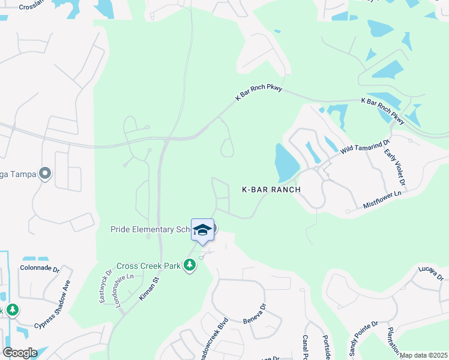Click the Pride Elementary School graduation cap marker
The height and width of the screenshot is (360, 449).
[202, 230]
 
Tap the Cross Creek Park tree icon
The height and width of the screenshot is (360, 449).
[190, 265]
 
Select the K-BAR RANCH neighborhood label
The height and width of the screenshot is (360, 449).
[271, 189]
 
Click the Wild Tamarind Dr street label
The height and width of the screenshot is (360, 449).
[361, 149]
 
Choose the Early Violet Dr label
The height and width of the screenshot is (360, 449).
[397, 167]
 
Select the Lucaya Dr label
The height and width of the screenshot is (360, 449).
[430, 274]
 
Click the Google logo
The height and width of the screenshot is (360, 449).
[20, 352]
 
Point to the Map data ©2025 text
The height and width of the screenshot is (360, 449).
[423, 355]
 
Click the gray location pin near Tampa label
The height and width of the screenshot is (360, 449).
[44, 174]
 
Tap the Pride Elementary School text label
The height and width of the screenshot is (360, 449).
[150, 229]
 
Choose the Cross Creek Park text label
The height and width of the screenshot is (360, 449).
[148, 266]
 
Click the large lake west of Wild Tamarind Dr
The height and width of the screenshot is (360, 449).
[286, 162]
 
